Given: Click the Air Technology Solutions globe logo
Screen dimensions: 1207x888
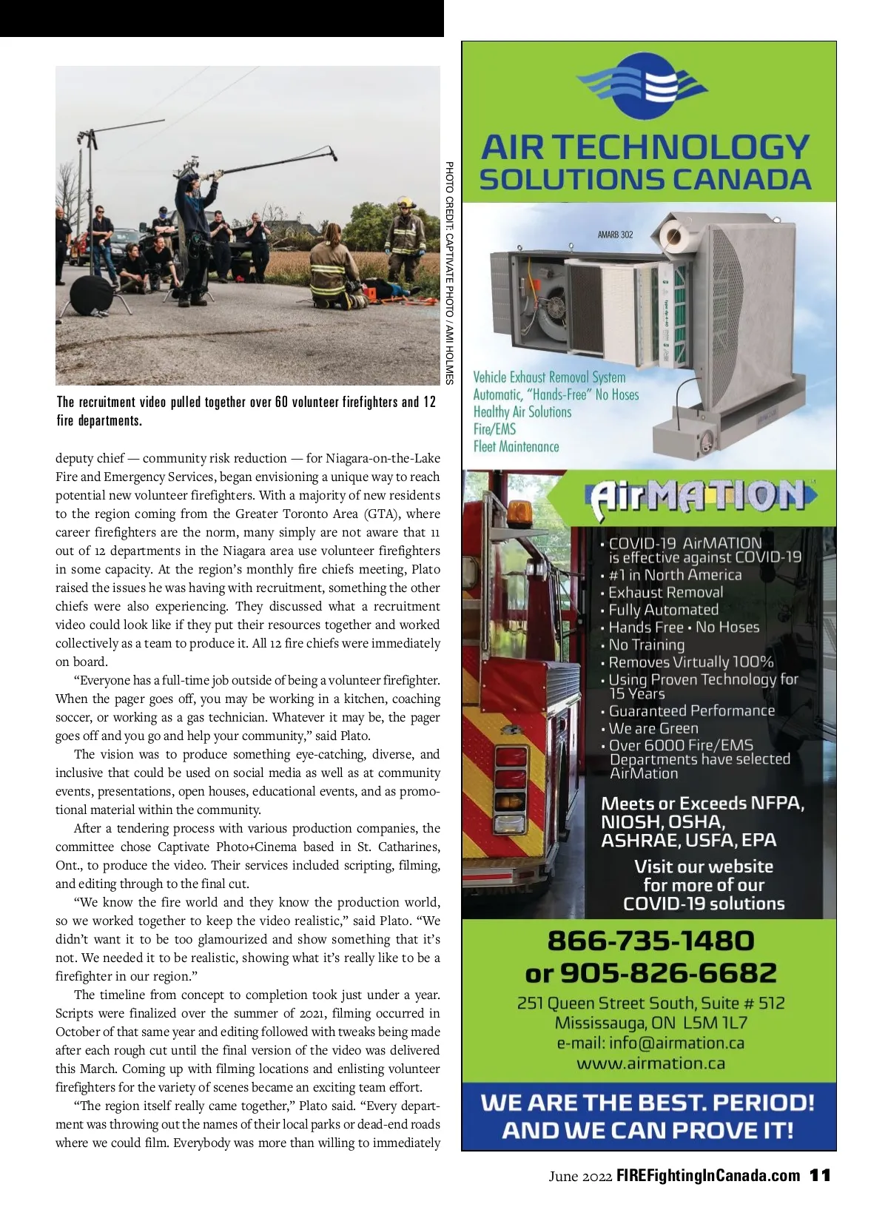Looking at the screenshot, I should tap(647, 86).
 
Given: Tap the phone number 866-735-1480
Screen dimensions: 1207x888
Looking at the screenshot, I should tap(650, 941).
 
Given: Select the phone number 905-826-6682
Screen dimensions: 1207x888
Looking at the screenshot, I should tap(668, 972).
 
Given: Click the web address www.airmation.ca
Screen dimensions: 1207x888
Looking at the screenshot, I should tap(650, 1063).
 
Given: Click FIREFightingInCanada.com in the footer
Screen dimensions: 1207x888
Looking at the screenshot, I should tap(708, 1175).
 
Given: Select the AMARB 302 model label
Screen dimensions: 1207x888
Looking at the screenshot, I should tap(615, 235).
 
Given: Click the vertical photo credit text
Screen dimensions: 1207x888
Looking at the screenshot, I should tap(448, 272).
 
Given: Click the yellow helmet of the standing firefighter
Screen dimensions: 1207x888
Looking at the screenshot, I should tap(405, 201).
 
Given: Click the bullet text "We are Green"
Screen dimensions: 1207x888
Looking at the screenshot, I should tap(653, 728).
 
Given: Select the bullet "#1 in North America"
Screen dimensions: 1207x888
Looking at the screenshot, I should tap(674, 575).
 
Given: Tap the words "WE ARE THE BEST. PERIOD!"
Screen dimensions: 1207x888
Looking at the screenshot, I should tap(647, 1103).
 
